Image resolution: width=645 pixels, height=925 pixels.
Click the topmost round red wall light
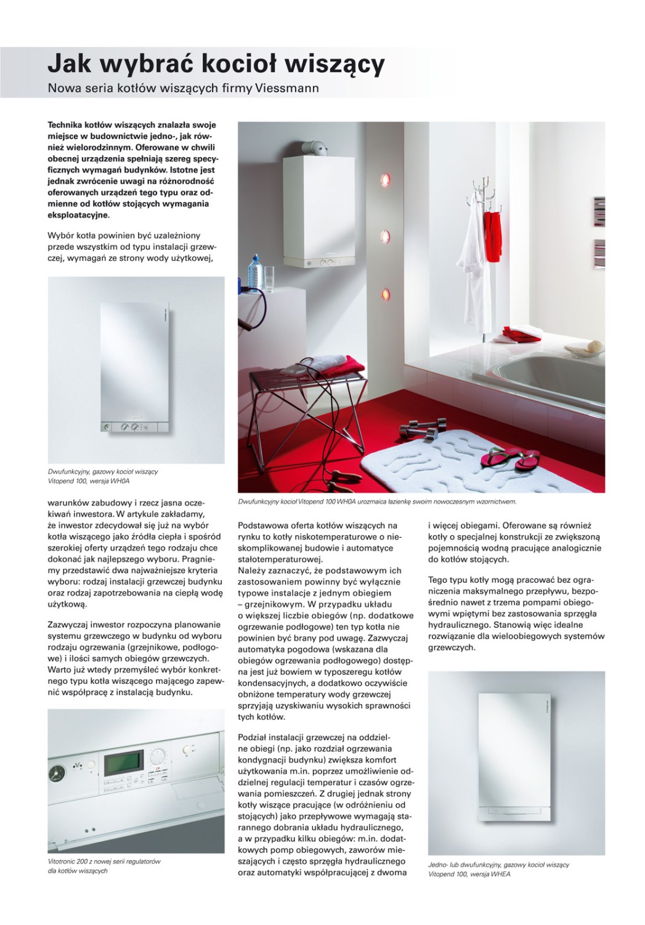coord(386,179)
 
